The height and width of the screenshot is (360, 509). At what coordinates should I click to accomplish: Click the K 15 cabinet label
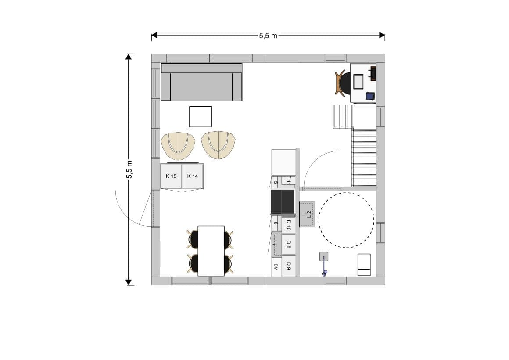(171, 176)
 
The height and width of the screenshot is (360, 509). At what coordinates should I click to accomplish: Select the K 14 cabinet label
(193, 176)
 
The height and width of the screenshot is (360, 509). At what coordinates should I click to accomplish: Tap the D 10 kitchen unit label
(288, 225)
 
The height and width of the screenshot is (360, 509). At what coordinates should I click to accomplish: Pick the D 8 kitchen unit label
(288, 245)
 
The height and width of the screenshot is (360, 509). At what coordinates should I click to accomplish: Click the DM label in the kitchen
(276, 267)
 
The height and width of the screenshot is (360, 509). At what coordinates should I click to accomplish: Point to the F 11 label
(289, 180)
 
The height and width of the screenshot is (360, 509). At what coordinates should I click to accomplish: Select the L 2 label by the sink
(309, 214)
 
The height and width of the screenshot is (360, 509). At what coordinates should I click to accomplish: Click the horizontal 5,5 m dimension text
(268, 36)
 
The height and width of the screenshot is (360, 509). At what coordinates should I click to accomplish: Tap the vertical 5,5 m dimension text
(129, 169)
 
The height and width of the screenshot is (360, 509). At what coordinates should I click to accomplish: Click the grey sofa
(201, 82)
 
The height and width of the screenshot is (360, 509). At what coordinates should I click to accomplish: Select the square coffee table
(201, 117)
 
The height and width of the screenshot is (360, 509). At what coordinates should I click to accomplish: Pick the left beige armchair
(178, 146)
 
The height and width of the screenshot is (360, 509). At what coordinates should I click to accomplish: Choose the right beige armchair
(218, 145)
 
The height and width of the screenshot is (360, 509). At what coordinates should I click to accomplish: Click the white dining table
(211, 251)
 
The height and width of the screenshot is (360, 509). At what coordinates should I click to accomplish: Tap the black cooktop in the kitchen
(283, 202)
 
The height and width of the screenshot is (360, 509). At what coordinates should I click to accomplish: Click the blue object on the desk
(370, 96)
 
